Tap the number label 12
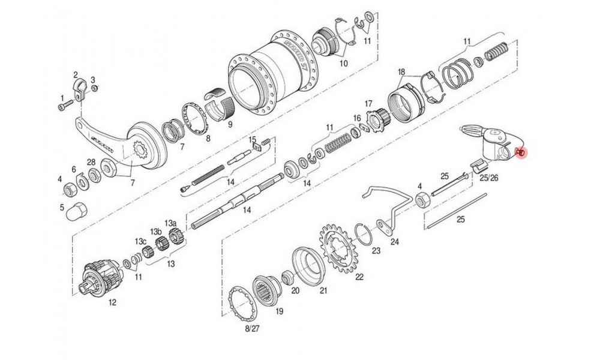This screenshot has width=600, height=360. (x=112, y=303)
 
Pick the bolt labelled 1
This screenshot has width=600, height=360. (x=64, y=107)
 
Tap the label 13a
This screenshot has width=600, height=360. (x=171, y=223)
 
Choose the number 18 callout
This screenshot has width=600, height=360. (x=401, y=71)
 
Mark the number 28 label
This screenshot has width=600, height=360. (x=91, y=163)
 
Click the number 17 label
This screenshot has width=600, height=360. (x=368, y=103)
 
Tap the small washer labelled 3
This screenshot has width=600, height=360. (x=93, y=90)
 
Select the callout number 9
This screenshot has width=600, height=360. (x=229, y=125)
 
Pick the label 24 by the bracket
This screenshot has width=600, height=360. (x=394, y=243)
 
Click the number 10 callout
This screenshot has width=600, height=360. (x=344, y=63)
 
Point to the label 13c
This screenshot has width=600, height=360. (x=140, y=241)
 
